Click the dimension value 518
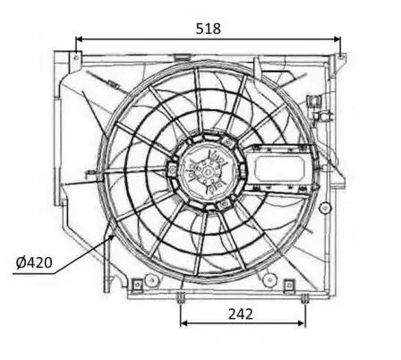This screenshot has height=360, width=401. tap(209, 29)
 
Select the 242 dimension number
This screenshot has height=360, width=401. tap(241, 314)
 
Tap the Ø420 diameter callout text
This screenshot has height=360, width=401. tap(34, 262)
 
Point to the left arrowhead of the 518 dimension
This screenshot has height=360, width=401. tap(79, 39)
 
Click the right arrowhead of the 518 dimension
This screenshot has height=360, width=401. tap(337, 39)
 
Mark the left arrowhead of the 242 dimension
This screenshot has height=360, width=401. tap(184, 323)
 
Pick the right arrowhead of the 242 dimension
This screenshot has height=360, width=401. tap(302, 323)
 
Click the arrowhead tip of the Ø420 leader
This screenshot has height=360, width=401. tap(114, 236)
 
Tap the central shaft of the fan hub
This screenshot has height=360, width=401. tap(208, 173)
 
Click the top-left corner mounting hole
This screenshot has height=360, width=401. tap(76, 57)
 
